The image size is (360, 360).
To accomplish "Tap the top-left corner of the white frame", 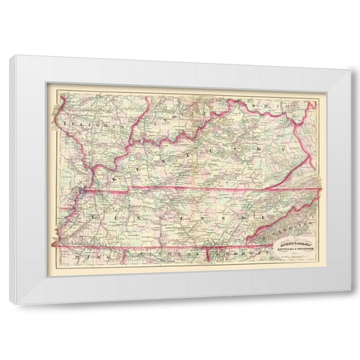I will pyautogui.click(x=10, y=56).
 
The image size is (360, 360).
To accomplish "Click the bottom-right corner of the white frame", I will pyautogui.click(x=349, y=304).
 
